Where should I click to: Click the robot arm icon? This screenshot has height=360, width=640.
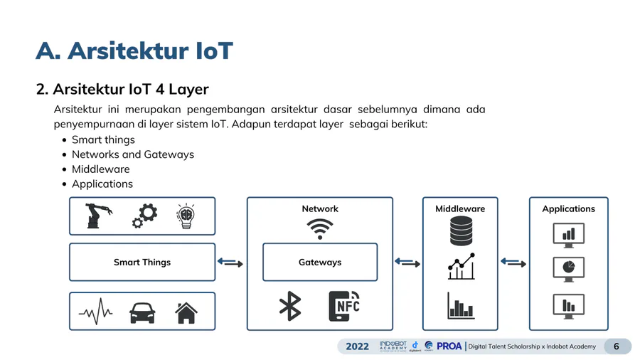99,216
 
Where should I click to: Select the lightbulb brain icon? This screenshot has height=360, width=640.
186,216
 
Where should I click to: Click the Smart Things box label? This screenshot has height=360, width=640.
142,263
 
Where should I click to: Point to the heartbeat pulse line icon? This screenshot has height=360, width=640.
95,312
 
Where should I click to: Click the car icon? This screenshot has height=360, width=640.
142,312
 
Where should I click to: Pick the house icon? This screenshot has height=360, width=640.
186,312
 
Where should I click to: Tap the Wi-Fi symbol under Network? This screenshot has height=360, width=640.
320,229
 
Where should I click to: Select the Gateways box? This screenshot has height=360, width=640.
320,263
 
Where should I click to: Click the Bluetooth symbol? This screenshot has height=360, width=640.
290,306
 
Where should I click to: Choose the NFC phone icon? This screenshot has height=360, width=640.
344,306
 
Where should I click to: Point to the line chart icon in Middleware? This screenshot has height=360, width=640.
461,267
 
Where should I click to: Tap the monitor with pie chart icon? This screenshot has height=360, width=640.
568,269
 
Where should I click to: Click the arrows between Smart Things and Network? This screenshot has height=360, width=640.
230,263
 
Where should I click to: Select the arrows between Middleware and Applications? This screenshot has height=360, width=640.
513,263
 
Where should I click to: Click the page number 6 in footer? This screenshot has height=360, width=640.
617,346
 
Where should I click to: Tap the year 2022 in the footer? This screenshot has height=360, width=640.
358,346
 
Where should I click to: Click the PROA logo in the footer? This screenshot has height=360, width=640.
449,346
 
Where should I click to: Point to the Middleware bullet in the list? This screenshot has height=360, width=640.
100,169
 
